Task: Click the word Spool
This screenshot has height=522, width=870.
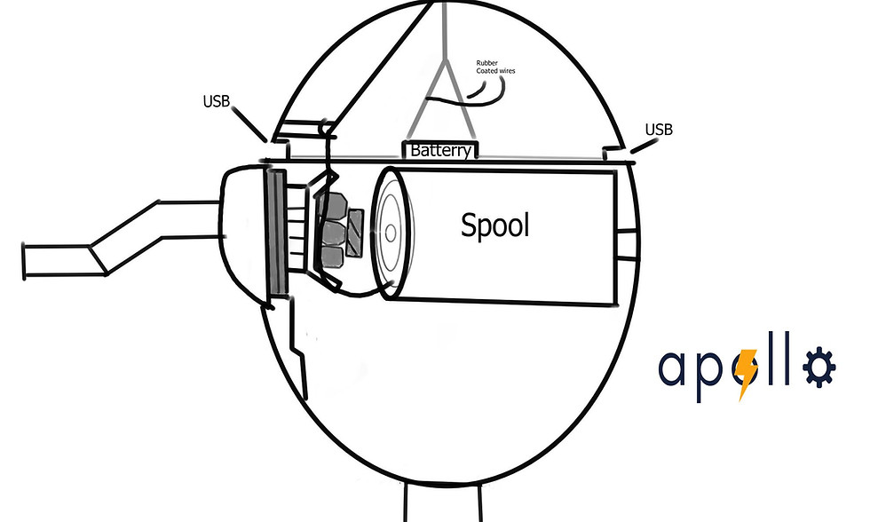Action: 494,225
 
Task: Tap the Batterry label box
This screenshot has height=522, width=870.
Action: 440,150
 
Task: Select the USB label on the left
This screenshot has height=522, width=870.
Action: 216,101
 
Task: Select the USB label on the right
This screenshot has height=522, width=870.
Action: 659,130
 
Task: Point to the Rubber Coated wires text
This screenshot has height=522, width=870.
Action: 495,67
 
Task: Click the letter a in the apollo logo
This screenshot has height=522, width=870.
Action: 673,368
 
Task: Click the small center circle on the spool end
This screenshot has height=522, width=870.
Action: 390,233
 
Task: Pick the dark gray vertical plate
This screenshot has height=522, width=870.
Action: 277,232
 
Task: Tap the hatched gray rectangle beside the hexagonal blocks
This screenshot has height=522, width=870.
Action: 354,233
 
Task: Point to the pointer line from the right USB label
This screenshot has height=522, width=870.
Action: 644,146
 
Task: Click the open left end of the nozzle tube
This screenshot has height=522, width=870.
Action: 24,261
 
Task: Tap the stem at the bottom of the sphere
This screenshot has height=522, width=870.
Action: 442,502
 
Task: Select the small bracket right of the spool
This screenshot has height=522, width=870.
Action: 627,243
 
